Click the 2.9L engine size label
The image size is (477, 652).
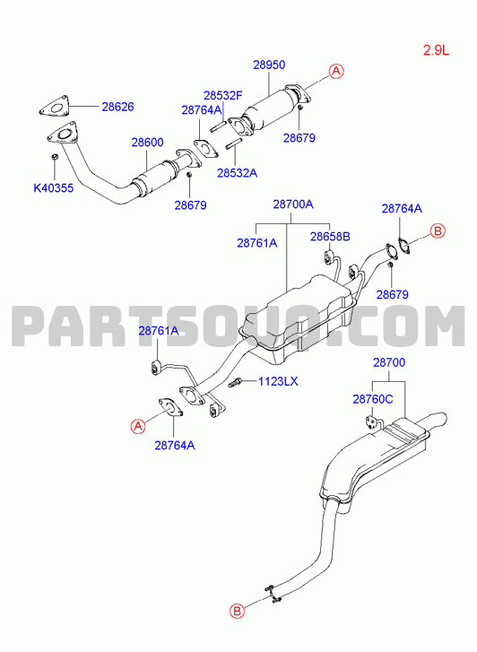pyautogui.click(x=437, y=50)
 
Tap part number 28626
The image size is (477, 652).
pyautogui.click(x=117, y=107)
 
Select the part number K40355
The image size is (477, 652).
pyautogui.click(x=53, y=188)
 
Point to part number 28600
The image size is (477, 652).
pyautogui.click(x=147, y=143)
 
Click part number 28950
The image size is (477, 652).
pyautogui.click(x=269, y=65)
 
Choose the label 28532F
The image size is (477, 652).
pyautogui.click(x=223, y=96)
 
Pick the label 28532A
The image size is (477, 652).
pyautogui.click(x=237, y=173)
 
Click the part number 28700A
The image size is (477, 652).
pyautogui.click(x=293, y=204)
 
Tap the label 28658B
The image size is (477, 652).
pyautogui.click(x=330, y=237)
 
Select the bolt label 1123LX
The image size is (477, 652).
pyautogui.click(x=278, y=381)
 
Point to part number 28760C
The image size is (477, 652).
pyautogui.click(x=373, y=399)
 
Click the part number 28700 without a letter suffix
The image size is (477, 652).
pyautogui.click(x=389, y=362)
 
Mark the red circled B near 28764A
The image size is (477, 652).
pyautogui.click(x=437, y=230)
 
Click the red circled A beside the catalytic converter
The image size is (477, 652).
pyautogui.click(x=336, y=71)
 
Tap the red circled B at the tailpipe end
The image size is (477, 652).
pyautogui.click(x=237, y=612)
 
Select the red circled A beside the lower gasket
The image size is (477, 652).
pyautogui.click(x=138, y=426)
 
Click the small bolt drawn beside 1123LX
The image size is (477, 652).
pyautogui.click(x=235, y=382)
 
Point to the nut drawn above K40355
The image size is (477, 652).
pyautogui.click(x=54, y=157)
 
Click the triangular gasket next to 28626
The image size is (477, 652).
pyautogui.click(x=54, y=107)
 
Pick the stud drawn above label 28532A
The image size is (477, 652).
pyautogui.click(x=234, y=145)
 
